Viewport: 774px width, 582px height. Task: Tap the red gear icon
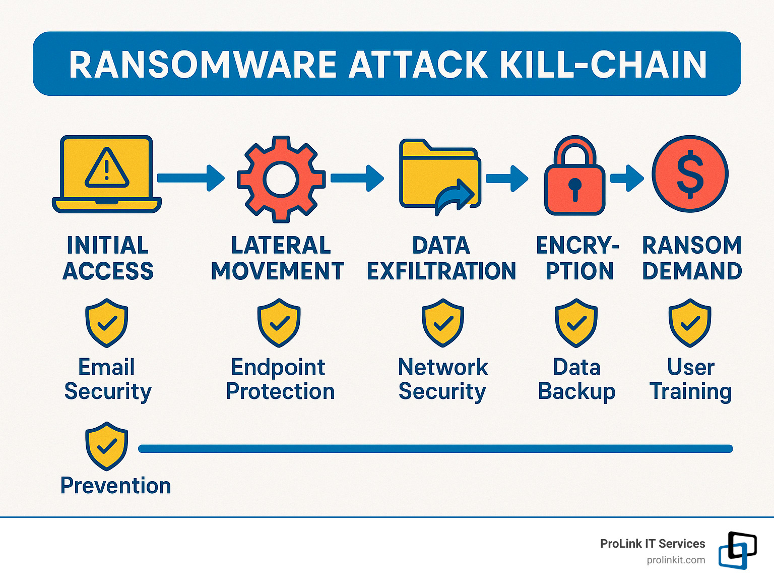(281, 179)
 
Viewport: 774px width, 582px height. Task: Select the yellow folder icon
(439, 177)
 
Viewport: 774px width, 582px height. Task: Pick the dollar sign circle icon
(690, 174)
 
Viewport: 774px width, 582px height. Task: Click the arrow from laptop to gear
(190, 178)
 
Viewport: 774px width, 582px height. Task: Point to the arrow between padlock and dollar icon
(626, 178)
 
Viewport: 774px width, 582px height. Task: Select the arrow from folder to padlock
(506, 178)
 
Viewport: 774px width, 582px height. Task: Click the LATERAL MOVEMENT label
(278, 258)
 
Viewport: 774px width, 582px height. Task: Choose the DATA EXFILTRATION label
(441, 258)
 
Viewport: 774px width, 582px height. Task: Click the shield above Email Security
(107, 323)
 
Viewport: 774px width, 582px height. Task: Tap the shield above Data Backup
(576, 323)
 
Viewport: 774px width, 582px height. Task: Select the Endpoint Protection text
(280, 379)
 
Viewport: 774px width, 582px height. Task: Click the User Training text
(690, 379)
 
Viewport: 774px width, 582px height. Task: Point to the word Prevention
(116, 486)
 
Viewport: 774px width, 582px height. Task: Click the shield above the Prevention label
(106, 446)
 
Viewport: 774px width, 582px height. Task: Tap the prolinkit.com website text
(676, 560)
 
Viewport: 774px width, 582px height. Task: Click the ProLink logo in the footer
(737, 550)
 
